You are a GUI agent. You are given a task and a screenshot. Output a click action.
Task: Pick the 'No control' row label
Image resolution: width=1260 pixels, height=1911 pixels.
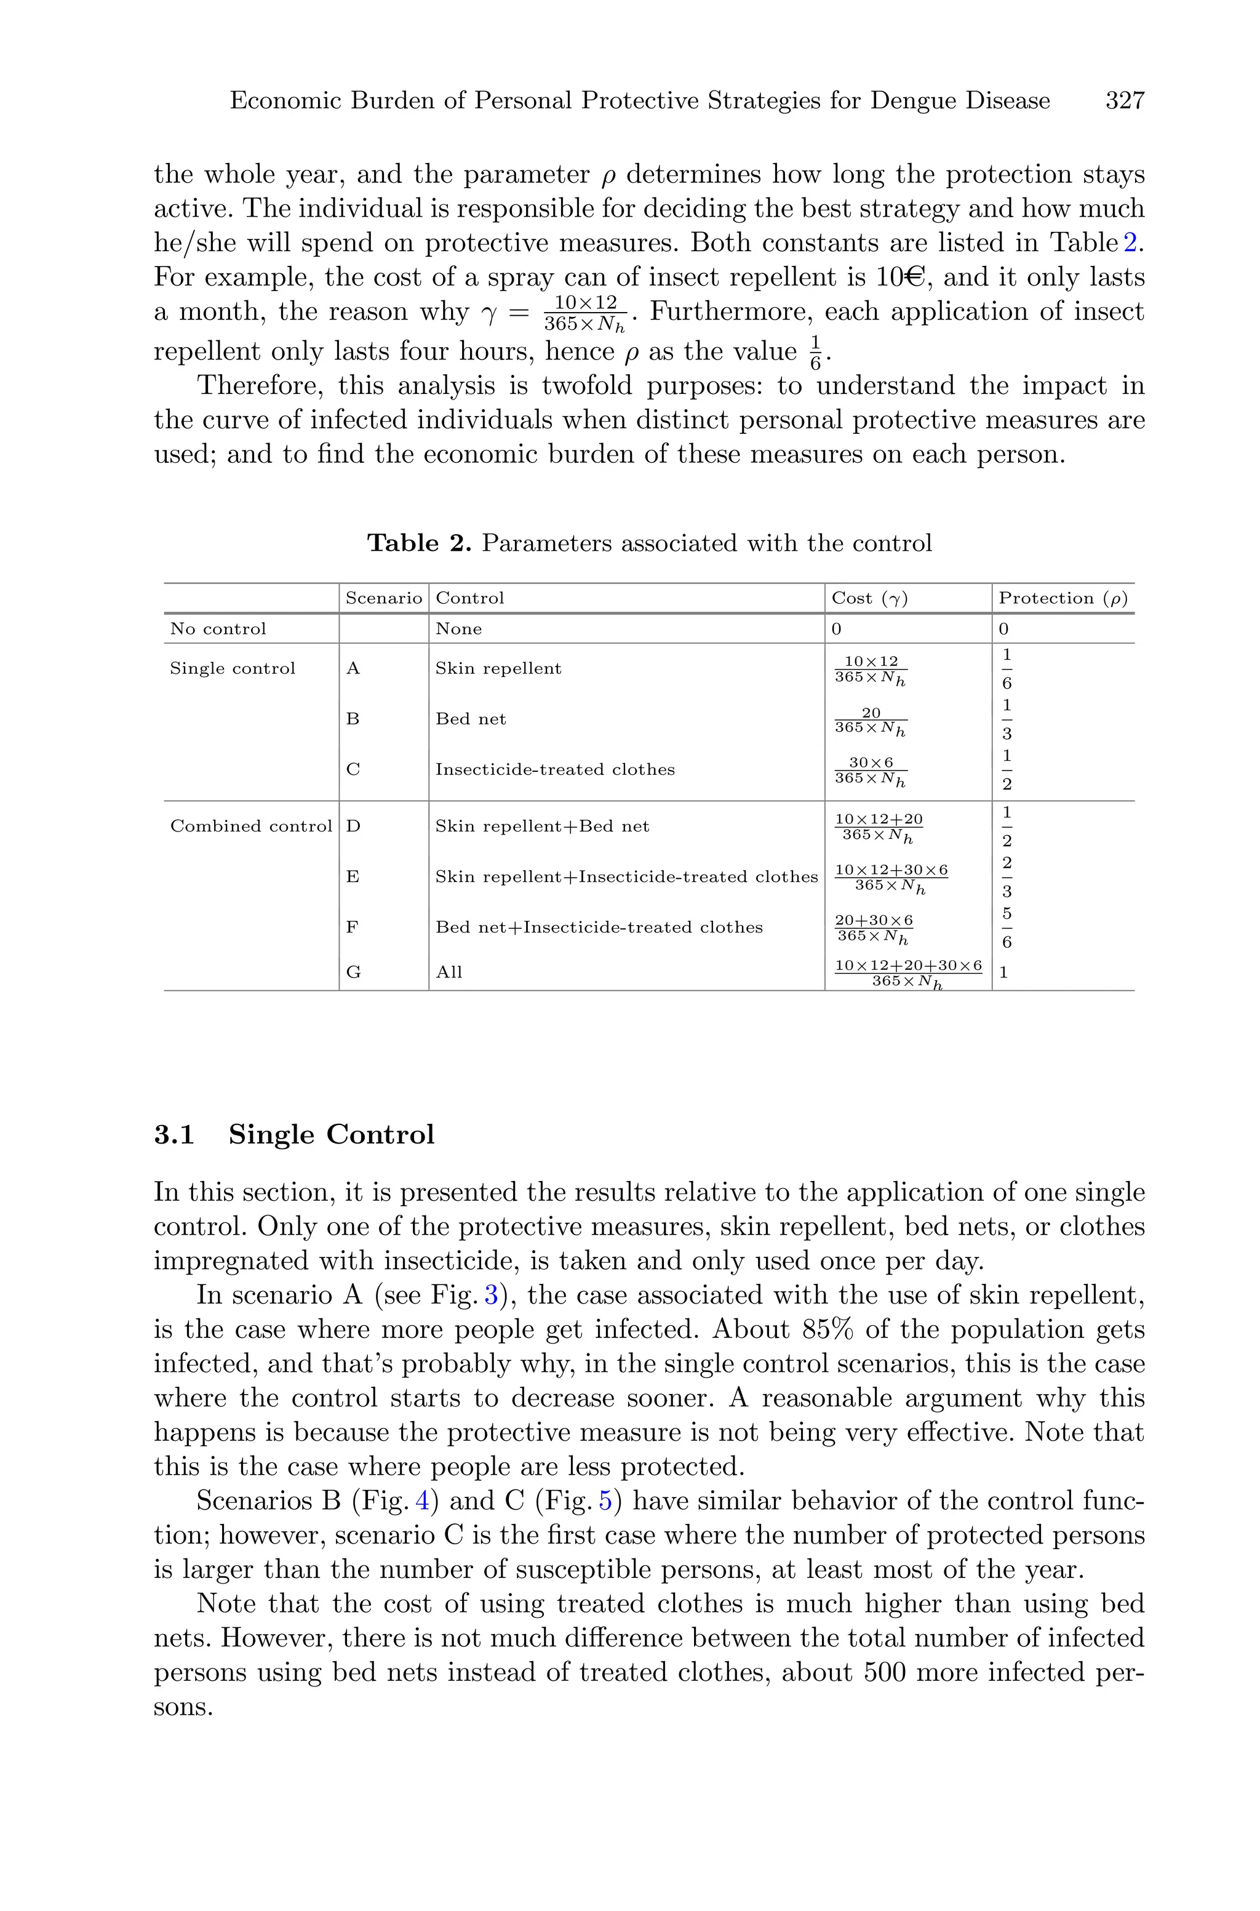pyautogui.click(x=218, y=628)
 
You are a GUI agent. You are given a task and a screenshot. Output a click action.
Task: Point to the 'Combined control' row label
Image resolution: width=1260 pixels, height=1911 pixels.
pyautogui.click(x=251, y=826)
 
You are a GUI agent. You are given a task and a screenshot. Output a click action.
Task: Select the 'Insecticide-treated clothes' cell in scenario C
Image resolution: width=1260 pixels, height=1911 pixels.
pyautogui.click(x=554, y=770)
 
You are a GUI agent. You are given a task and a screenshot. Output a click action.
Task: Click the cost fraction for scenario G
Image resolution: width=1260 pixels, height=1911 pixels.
pyautogui.click(x=908, y=973)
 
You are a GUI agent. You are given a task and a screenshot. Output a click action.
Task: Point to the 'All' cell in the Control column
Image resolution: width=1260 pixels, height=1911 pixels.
pyautogui.click(x=449, y=972)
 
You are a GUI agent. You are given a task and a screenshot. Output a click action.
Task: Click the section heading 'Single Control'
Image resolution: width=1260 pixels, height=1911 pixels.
pyautogui.click(x=331, y=1135)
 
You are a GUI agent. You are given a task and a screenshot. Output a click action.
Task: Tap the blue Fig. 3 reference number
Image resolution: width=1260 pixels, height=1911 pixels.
pyautogui.click(x=491, y=1296)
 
